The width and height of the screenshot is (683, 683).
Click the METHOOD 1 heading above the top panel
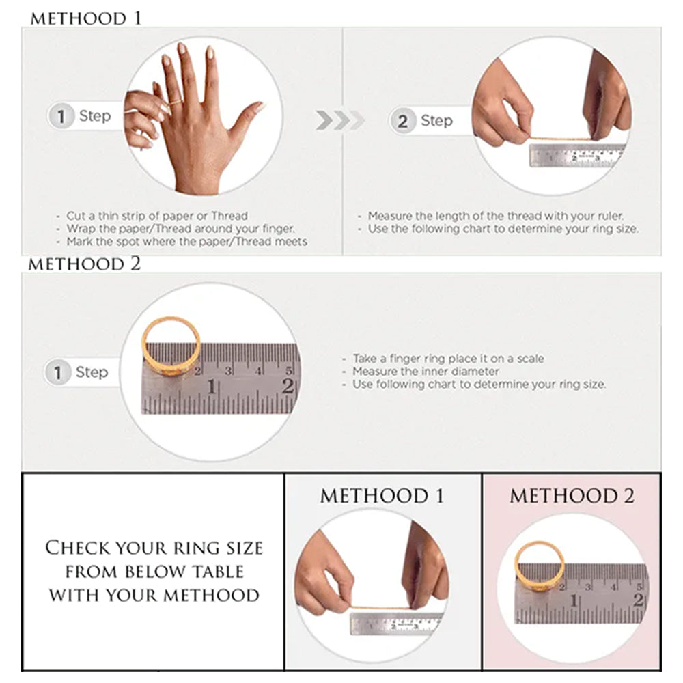pos(86,18)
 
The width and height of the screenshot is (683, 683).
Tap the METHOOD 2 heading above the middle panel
pos(85,264)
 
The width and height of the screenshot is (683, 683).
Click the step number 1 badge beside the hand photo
pos(61,116)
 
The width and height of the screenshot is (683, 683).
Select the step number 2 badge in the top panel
pos(402,121)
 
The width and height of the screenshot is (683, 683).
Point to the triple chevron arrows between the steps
pos(339,120)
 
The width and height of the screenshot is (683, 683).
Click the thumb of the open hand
pos(247,117)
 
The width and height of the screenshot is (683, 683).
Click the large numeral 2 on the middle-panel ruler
pos(288,386)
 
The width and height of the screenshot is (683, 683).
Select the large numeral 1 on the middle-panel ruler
pos(212,387)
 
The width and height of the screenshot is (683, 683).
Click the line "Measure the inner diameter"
pos(426,372)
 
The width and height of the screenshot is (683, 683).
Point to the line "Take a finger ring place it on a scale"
pos(448,359)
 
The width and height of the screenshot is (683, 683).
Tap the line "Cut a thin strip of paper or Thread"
pos(157,216)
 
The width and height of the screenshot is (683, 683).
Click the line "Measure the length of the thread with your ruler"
pos(496,216)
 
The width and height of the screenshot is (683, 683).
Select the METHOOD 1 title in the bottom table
pos(382,496)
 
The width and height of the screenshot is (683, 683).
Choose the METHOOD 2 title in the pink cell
pos(572,496)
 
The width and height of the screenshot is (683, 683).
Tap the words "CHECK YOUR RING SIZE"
pos(154,548)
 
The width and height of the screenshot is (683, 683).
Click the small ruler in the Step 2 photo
pos(577,156)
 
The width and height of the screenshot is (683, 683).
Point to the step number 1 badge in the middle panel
pos(57,372)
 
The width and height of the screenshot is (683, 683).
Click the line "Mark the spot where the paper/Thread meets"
pos(186,242)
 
